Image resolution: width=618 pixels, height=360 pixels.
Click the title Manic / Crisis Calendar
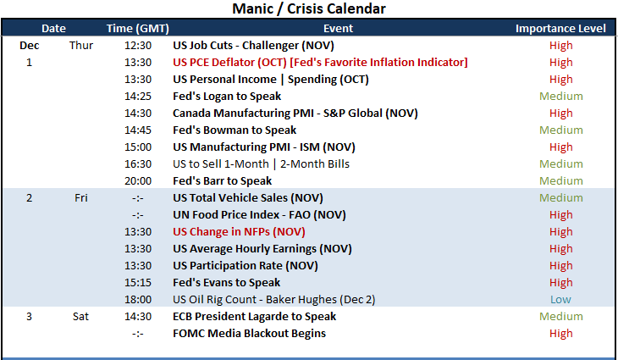click(309, 8)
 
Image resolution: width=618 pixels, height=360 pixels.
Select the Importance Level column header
click(560, 29)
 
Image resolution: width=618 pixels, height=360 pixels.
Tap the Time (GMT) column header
click(137, 29)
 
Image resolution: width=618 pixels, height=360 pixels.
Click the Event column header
click(338, 29)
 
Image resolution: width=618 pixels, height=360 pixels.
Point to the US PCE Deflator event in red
click(320, 63)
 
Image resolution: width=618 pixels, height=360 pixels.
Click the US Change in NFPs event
click(239, 232)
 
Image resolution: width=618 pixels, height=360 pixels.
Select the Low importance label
click(560, 300)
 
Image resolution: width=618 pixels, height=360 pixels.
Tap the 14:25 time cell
click(138, 97)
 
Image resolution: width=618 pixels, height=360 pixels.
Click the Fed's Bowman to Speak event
click(235, 130)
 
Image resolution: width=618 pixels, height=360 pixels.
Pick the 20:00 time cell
click(138, 181)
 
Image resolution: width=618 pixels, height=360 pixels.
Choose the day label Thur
click(81, 46)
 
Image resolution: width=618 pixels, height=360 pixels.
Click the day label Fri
click(80, 198)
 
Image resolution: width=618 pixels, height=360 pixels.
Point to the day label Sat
click(80, 317)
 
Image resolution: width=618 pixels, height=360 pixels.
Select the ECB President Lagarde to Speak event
click(254, 317)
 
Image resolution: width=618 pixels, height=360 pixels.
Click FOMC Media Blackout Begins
click(249, 334)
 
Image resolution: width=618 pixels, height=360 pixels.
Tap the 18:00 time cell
click(138, 300)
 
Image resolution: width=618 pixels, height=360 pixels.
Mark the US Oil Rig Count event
click(274, 300)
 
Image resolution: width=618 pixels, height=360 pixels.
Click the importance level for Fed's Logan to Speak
click(560, 97)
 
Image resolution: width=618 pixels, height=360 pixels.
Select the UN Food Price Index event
click(259, 215)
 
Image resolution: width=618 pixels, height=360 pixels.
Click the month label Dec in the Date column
click(29, 46)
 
